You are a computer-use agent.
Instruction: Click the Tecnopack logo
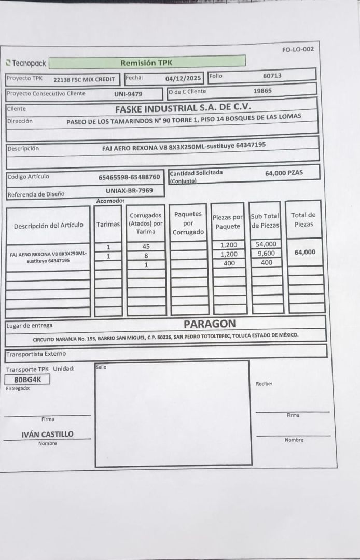coord(25,63)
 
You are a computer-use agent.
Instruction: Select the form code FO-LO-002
coord(298,49)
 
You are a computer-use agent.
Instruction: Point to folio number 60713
coord(272,76)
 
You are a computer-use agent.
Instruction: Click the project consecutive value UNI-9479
coord(128,94)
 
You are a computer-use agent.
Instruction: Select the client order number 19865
coord(262,91)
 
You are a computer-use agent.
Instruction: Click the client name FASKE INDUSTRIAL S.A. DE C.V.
coord(183,108)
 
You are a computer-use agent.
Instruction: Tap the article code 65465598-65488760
coord(129,177)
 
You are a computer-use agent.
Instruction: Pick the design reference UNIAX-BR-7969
coord(129,191)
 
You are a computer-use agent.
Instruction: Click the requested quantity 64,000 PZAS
coord(284,173)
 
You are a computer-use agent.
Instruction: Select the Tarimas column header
coord(108,225)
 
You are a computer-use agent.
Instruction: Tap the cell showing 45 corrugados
coord(146,247)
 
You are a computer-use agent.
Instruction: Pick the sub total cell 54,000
coord(266,244)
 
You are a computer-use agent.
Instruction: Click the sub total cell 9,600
coord(266,254)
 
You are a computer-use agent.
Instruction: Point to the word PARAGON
coord(210,324)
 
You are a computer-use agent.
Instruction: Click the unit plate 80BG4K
coord(27,379)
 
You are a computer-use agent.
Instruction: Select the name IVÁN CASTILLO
coord(47,434)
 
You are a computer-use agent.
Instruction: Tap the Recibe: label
coord(264,384)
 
